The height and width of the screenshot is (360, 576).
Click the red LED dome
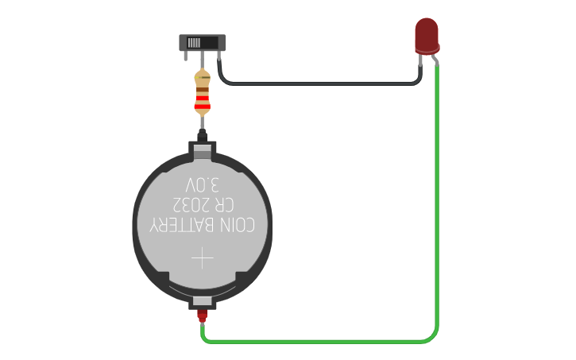click(427, 34)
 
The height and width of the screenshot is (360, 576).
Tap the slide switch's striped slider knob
click(194, 41)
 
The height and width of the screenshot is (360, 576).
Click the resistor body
click(203, 94)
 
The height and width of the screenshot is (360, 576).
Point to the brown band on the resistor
click(203, 88)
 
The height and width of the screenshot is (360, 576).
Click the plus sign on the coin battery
click(203, 258)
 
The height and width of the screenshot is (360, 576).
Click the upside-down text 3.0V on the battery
click(203, 185)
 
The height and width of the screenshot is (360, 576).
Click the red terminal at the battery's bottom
click(203, 315)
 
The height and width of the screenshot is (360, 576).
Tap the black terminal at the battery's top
click(203, 135)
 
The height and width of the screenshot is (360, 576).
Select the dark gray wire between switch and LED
click(318, 83)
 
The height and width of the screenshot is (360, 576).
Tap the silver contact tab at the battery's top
click(203, 148)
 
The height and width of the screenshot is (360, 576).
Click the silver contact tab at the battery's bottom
click(203, 302)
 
